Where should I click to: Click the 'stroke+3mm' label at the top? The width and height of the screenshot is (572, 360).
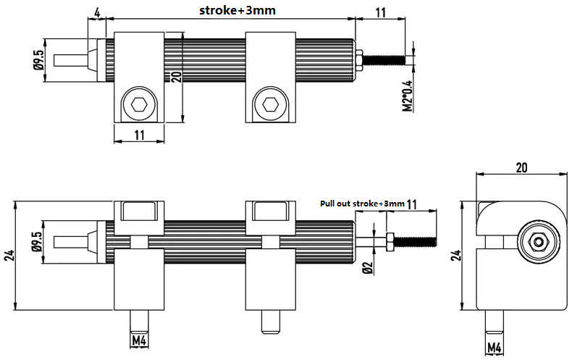point(237,10)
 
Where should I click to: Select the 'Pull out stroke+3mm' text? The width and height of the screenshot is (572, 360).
point(362,204)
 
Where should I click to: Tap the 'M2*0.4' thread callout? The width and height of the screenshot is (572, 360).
point(408,96)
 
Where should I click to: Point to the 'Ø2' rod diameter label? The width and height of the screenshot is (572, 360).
point(368,267)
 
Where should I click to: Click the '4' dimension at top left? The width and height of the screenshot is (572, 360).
point(97,12)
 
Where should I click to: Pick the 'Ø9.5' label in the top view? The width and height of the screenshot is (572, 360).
point(38,60)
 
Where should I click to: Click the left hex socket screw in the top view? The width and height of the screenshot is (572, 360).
point(139,105)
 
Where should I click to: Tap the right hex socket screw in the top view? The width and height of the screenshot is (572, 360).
point(270,105)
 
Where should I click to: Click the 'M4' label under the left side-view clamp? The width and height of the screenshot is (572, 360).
point(139,341)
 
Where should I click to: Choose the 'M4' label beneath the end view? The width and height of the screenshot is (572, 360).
point(495,347)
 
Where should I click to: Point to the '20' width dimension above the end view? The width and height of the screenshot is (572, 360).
point(521,167)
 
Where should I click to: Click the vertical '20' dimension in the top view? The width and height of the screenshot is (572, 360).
point(176,77)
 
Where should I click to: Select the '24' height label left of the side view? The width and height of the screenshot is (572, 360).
point(9,255)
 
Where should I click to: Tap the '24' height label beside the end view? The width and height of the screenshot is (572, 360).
point(456,255)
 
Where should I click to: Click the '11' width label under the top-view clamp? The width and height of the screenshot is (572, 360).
point(139,135)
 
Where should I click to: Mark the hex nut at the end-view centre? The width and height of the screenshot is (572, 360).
point(538,242)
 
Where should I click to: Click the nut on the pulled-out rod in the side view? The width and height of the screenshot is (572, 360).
point(389,242)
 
